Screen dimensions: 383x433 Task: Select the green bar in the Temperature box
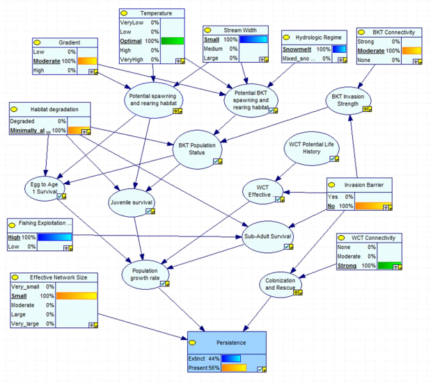171,41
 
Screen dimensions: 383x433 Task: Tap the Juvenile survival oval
132,204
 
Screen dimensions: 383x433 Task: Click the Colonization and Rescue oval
281,283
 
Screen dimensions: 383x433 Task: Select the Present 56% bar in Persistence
233,368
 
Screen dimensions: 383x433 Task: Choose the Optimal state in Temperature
131,41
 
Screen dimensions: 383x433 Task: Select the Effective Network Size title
58,277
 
